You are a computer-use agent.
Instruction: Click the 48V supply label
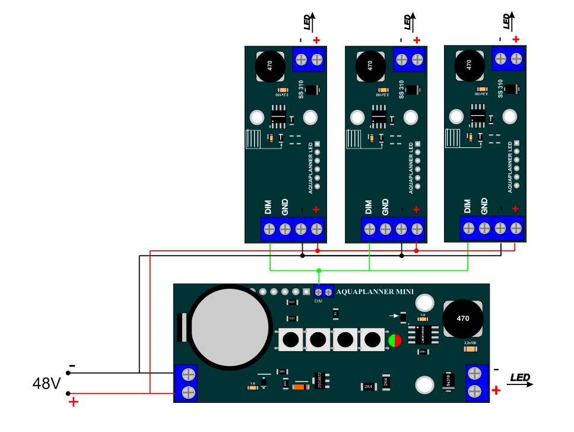46,384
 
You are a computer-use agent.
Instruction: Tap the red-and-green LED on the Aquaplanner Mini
394,340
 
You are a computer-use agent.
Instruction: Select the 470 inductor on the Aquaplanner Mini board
463,319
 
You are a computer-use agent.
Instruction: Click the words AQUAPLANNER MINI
375,292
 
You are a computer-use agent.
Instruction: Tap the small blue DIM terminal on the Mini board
323,292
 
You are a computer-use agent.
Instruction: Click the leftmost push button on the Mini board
291,340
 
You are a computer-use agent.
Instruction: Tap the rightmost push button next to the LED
372,340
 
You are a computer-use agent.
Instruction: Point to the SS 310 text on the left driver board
302,90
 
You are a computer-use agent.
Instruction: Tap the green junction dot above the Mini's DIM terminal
319,271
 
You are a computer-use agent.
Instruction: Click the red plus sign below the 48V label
74,402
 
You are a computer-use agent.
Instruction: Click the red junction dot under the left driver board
318,251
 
